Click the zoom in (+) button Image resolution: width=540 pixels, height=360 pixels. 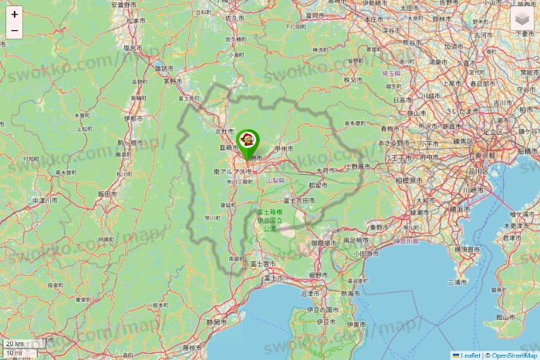coord(14,14)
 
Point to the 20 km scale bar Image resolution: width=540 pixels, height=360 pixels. coord(15,344)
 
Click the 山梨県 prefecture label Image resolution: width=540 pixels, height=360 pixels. coord(275,180)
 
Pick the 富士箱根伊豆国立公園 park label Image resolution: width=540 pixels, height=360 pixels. coord(269,220)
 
